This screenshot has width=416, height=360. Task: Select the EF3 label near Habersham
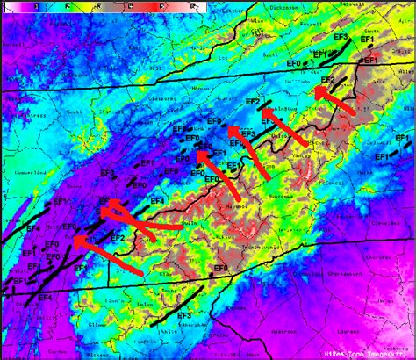[x=183, y=315]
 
